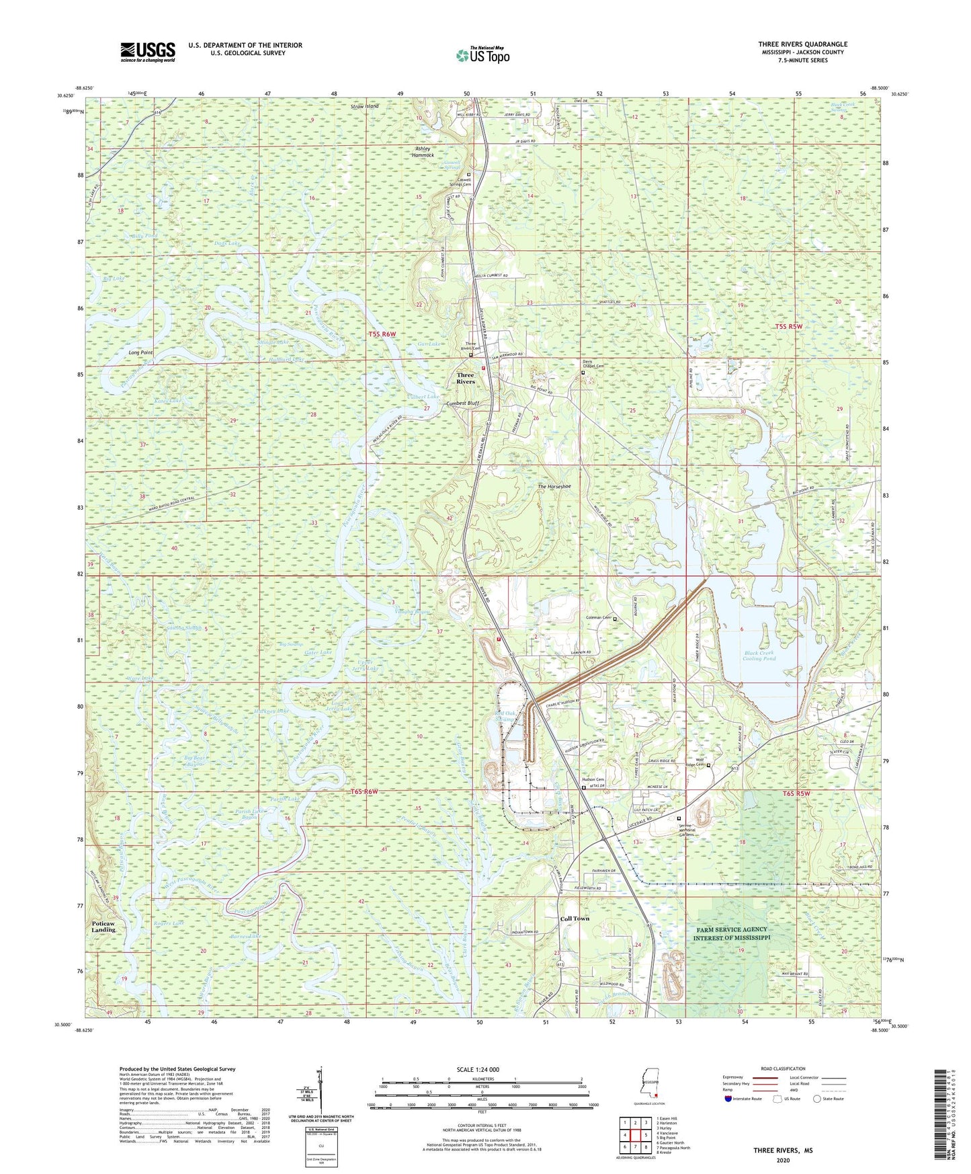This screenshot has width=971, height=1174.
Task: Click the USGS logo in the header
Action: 147,52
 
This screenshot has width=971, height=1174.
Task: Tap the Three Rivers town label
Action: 466,379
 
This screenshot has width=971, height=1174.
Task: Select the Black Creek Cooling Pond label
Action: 759,656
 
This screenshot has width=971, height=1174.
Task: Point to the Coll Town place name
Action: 575,918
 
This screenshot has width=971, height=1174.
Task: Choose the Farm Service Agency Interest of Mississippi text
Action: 732,933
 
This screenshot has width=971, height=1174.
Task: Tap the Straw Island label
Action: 365,106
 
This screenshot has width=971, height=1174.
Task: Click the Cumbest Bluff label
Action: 463,403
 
